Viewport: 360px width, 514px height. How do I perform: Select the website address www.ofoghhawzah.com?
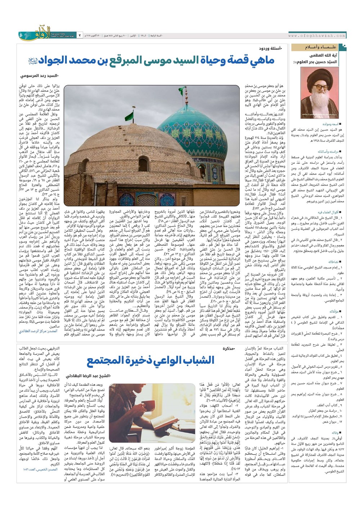317,36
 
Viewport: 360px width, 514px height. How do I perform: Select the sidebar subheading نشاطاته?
333,262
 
